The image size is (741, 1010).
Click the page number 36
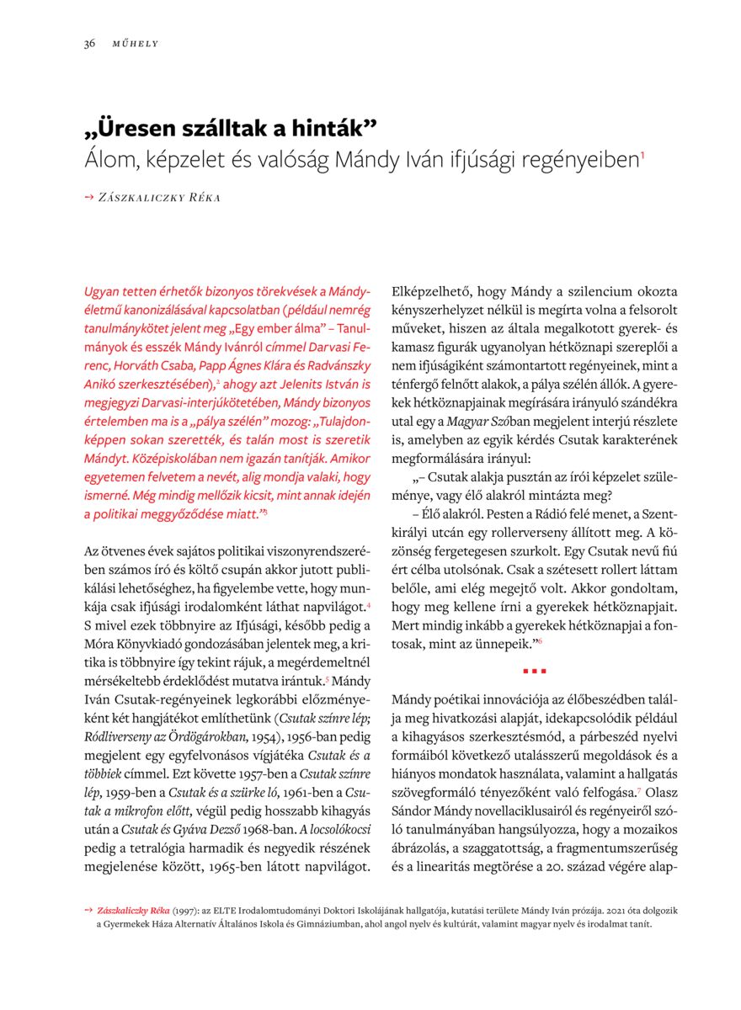click(x=88, y=44)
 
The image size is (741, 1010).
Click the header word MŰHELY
click(x=136, y=44)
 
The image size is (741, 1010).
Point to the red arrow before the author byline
click(x=89, y=196)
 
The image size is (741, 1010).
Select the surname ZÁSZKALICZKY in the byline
click(x=141, y=197)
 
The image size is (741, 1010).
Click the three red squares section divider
click(x=535, y=671)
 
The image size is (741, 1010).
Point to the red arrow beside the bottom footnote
click(x=88, y=911)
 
